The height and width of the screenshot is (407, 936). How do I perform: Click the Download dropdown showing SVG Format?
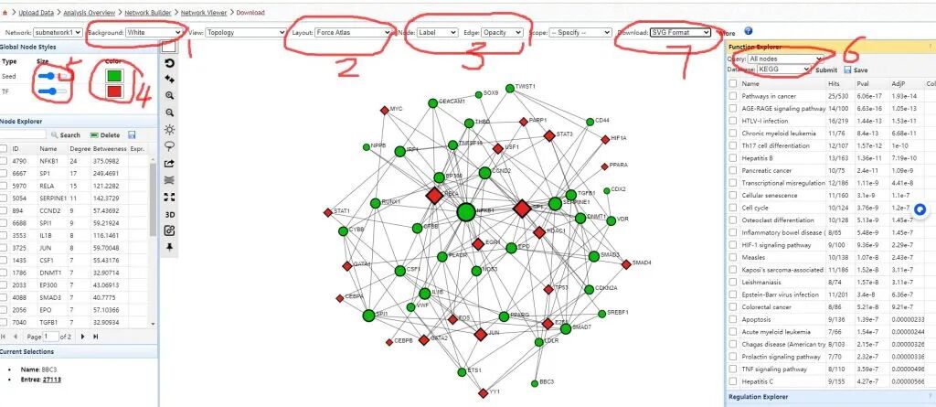(x=680, y=32)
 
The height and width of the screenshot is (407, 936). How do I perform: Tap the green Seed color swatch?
(x=115, y=75)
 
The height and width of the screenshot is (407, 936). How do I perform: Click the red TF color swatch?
(x=115, y=91)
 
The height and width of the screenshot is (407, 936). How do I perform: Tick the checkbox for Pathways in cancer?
(x=733, y=95)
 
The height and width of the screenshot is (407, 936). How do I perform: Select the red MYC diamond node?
(x=385, y=110)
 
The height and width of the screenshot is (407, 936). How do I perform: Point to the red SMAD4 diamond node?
(x=626, y=264)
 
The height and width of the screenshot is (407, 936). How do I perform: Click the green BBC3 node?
(x=532, y=382)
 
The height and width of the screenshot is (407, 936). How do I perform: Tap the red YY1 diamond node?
(x=484, y=392)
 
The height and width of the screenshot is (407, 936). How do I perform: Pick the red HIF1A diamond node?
(x=605, y=139)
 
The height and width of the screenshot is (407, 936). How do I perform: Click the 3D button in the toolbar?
(x=169, y=213)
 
